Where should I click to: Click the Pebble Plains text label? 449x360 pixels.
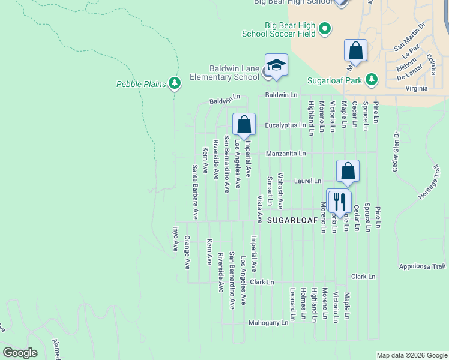[141, 84]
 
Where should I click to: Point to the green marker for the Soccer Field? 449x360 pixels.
[325, 28]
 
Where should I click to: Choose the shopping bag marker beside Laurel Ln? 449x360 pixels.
[348, 171]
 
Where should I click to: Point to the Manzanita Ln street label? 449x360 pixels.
[286, 154]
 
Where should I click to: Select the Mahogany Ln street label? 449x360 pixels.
[268, 323]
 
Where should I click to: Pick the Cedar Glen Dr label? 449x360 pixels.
[396, 151]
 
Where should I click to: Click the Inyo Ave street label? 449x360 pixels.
[176, 238]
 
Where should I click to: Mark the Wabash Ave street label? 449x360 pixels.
[280, 192]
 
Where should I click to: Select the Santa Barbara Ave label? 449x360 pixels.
[195, 191]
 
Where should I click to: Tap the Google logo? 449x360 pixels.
[19, 353]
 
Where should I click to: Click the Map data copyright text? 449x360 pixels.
[411, 355]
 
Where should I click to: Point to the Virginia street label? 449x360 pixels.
[417, 88]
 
